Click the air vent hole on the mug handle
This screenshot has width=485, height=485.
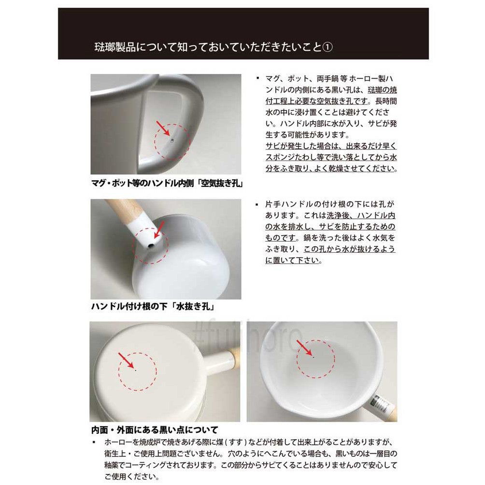[171, 141]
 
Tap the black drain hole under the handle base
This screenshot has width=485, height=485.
[151, 245]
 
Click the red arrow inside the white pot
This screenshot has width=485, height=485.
[303, 347]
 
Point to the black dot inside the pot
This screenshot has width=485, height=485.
[314, 357]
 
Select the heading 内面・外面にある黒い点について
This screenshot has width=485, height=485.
[155, 429]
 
